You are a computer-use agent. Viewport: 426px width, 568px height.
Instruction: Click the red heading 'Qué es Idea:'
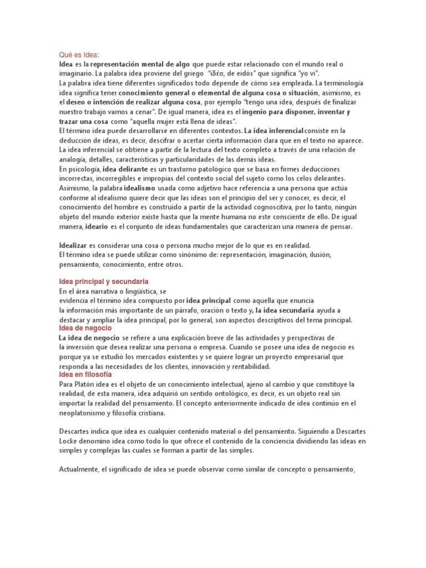point(79,54)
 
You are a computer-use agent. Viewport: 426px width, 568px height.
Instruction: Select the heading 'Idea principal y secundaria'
point(104,282)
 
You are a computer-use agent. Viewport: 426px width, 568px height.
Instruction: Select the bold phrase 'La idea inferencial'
point(273,131)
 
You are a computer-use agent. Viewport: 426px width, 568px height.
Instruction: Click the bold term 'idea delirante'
point(126,169)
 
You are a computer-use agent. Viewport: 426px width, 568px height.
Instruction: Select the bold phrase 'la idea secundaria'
point(285,311)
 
